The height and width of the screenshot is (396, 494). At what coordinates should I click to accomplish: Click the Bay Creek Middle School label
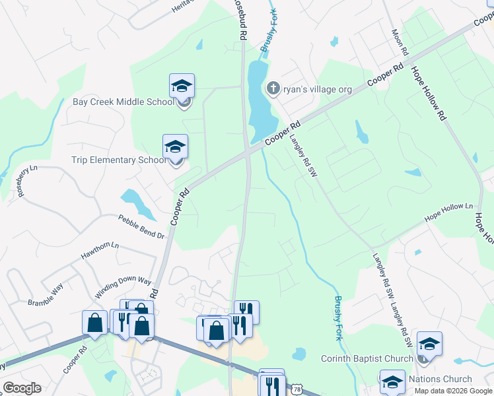(x=123, y=102)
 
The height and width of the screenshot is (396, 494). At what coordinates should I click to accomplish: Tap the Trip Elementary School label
(x=119, y=160)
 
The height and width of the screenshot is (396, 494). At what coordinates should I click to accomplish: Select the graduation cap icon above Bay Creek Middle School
(x=182, y=86)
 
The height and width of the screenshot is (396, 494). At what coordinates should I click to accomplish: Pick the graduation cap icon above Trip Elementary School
(x=175, y=147)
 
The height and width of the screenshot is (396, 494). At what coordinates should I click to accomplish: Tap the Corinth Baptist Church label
(x=367, y=358)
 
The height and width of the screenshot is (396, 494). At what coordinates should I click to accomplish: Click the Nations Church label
(x=440, y=379)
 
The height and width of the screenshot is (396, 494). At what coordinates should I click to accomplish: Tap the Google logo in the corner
(x=22, y=388)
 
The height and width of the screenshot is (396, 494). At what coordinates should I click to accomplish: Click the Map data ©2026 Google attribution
(x=452, y=391)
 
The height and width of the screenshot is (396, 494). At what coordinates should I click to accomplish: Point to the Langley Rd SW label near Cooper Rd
(x=304, y=155)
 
